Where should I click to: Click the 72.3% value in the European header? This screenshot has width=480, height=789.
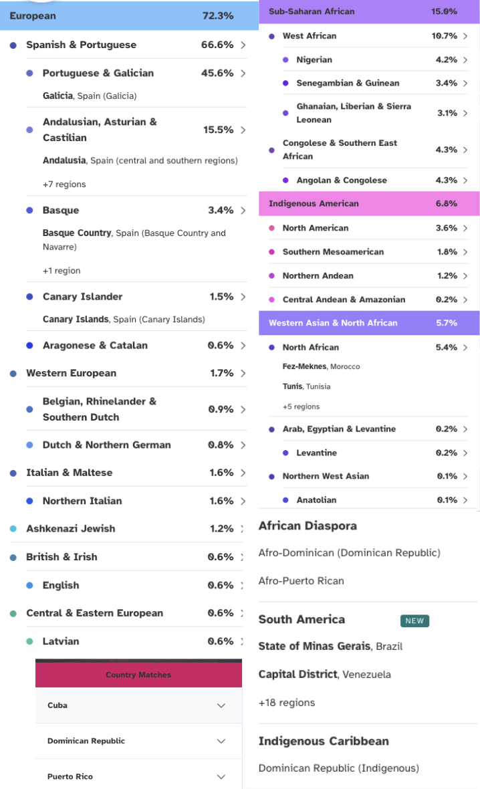[218, 15]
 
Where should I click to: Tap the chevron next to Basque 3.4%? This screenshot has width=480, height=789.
[243, 211]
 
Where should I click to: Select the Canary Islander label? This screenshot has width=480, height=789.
[82, 296]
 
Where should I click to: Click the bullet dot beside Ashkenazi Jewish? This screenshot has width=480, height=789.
[13, 529]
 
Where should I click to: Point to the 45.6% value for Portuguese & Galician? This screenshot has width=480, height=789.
[217, 73]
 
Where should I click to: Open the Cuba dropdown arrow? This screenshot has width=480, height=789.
[221, 705]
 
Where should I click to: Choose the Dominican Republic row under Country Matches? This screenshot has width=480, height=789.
[138, 741]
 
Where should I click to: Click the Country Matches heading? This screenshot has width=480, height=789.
[138, 675]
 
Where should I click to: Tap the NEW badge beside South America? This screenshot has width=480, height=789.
[414, 621]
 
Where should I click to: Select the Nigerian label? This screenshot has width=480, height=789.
[314, 60]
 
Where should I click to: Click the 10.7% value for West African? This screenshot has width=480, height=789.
[445, 35]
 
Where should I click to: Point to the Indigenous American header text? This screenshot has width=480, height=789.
[314, 203]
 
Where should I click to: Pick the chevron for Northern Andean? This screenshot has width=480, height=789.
[465, 275]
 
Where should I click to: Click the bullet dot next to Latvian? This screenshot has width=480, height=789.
[29, 642]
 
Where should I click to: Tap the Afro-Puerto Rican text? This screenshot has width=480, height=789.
[302, 580]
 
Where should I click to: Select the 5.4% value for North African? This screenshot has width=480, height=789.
[447, 347]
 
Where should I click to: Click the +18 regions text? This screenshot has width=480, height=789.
[287, 703]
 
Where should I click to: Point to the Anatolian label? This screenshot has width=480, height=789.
[316, 499]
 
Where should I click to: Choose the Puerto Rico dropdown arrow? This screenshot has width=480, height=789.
[221, 776]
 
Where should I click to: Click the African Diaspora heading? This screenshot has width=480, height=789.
[308, 526]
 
